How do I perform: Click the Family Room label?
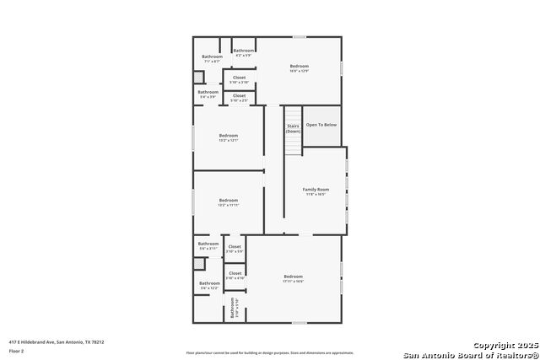[316, 190]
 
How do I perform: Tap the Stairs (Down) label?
[293, 128]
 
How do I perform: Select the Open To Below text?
[321, 125]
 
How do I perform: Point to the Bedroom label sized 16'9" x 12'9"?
[300, 67]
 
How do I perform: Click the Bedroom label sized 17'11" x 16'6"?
[293, 277]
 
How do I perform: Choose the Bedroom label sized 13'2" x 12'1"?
[229, 136]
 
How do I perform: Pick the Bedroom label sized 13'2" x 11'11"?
[229, 201]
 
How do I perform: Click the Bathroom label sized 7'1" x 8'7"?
[212, 57]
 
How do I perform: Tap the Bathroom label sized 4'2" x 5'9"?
[244, 51]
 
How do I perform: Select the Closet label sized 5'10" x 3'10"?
[239, 78]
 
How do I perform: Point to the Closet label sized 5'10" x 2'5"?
[239, 97]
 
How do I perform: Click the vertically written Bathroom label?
[233, 309]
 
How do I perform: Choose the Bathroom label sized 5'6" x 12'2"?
[208, 286]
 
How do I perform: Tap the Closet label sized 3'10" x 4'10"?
[235, 274]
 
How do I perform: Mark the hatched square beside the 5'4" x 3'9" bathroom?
[198, 77]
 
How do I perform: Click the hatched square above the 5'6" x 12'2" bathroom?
[199, 263]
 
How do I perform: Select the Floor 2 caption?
[16, 351]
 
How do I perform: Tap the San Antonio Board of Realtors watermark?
[470, 354]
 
